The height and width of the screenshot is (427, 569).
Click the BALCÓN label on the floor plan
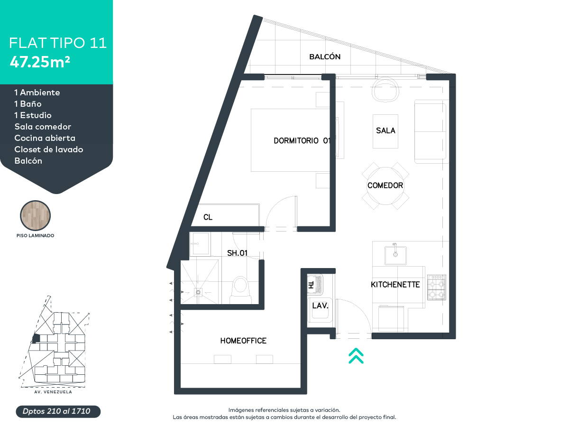(x=324, y=56)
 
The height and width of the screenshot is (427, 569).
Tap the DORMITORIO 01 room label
(x=302, y=140)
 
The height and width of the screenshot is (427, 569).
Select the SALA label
(x=385, y=130)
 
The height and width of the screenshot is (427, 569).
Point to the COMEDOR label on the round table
(x=385, y=186)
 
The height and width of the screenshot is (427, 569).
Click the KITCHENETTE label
(x=395, y=284)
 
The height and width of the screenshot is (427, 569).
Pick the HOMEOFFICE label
(x=243, y=340)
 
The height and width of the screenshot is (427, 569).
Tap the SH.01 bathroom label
(x=237, y=253)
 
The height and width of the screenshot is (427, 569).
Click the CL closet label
(x=208, y=217)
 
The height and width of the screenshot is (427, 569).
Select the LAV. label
(x=320, y=306)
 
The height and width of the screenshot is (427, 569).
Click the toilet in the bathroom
(x=241, y=289)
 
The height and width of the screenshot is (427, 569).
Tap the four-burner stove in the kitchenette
(x=437, y=287)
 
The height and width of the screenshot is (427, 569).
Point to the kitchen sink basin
(x=395, y=255)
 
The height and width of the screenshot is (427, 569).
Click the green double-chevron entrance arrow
(x=356, y=356)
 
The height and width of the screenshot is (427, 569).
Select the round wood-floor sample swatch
(x=35, y=215)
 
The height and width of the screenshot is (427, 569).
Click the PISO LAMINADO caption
(x=35, y=236)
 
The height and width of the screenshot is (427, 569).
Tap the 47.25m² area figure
(x=40, y=62)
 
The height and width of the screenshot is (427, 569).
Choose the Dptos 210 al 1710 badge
(x=58, y=411)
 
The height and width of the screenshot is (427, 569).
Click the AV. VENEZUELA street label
(x=53, y=392)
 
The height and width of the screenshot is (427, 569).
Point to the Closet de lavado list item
(x=49, y=149)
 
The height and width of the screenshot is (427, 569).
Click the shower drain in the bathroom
(x=198, y=292)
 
